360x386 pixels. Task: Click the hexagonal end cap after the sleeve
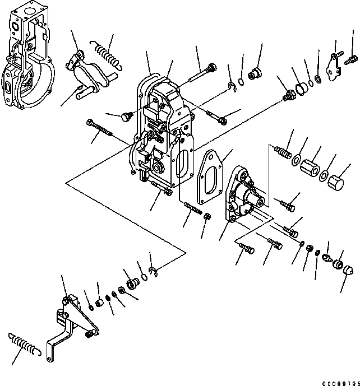coord(335,183)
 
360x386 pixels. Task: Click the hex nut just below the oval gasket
coord(206,217)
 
